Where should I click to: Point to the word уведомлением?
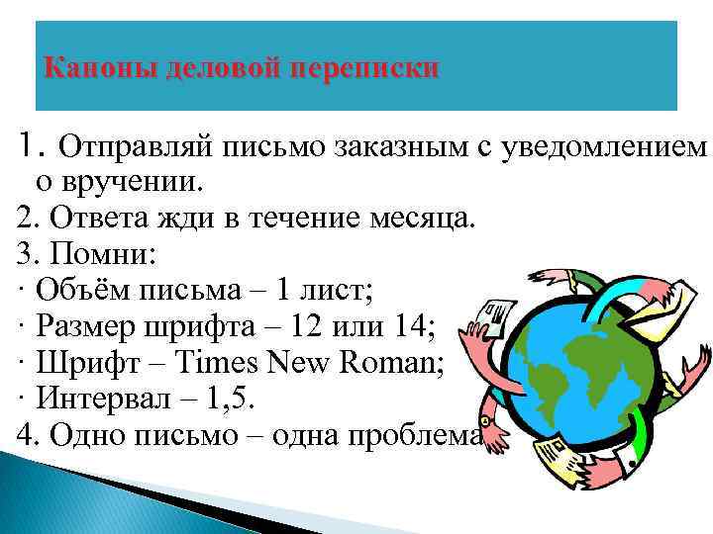click(607, 149)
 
